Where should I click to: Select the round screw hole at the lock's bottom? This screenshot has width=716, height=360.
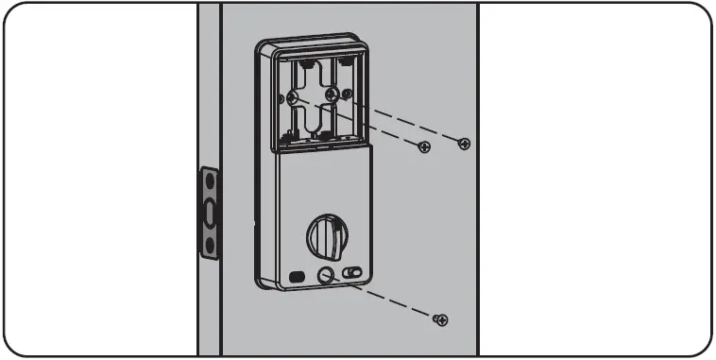pos(326,276)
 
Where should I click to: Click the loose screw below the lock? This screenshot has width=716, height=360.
pos(439,320)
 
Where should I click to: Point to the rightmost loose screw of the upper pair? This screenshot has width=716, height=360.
pos(463,143)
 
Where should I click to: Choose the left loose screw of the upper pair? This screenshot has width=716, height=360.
pos(425,146)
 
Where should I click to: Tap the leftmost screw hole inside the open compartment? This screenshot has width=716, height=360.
pos(294,98)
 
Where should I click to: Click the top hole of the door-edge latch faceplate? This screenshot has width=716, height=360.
pos(209,180)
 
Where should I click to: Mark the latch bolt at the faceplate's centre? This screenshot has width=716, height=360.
pos(209,213)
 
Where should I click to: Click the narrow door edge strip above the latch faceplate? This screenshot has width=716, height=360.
pos(209,85)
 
